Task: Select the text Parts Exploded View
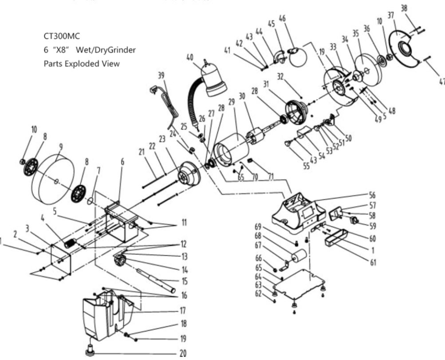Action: (x=82, y=63)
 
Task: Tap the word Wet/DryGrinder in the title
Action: (x=106, y=50)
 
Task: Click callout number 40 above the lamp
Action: (x=190, y=57)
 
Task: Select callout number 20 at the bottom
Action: (x=183, y=353)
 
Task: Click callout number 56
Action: (x=372, y=194)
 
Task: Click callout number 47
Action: (x=441, y=81)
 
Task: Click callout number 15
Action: (x=184, y=281)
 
